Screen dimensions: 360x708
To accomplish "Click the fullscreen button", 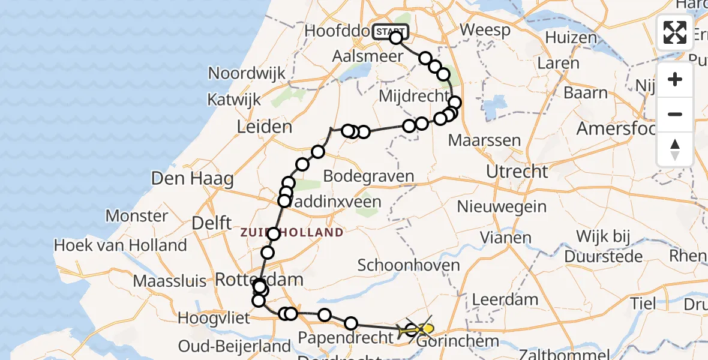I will coord(675,32).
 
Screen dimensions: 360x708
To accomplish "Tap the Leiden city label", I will coord(265,127).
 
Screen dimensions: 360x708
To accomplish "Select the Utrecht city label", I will coord(517,172).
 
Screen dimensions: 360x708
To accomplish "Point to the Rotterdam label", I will coord(259,280).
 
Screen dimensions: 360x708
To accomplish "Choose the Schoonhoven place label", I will coord(409,265).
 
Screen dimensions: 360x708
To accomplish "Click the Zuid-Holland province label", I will coord(293,233).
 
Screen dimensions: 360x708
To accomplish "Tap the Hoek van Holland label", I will coord(120,245).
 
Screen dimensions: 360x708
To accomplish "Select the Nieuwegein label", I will coord(502,207).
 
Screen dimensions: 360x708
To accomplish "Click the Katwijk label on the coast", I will coord(235,99).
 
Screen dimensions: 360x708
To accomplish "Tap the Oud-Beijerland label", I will coord(235,346).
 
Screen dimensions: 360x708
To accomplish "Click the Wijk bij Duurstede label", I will coord(609,246).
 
